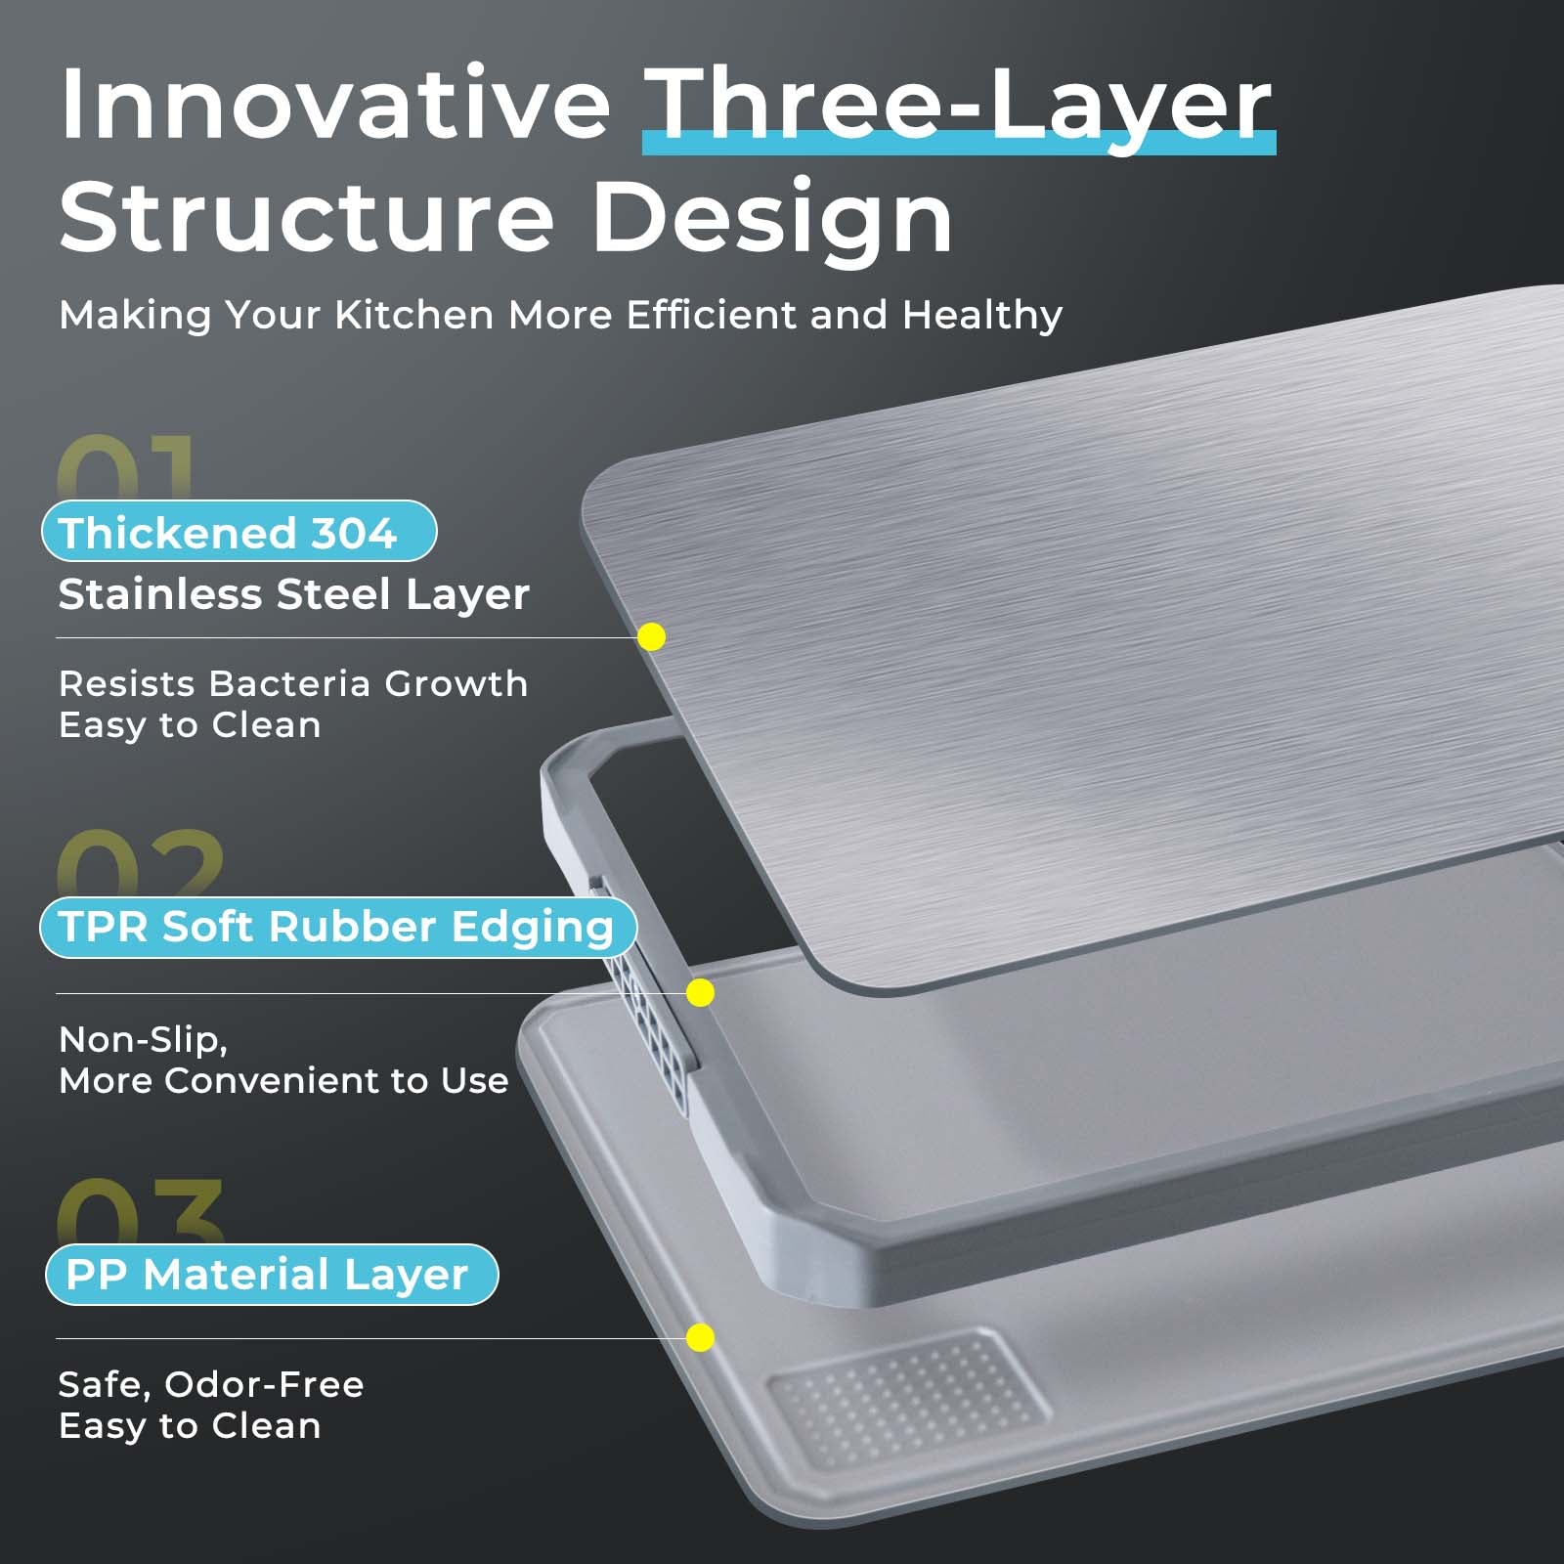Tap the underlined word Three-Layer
tap(959, 108)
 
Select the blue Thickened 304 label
tap(239, 531)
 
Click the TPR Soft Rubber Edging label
tap(338, 927)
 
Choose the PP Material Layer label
tap(272, 1274)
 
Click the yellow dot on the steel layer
tap(651, 637)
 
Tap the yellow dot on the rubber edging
tap(700, 993)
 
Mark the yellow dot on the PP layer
tap(700, 1338)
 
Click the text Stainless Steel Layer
tap(294, 594)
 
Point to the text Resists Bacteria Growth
tap(293, 683)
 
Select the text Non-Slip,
tap(144, 1040)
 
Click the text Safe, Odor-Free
tap(211, 1385)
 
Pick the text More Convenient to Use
tap(283, 1081)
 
